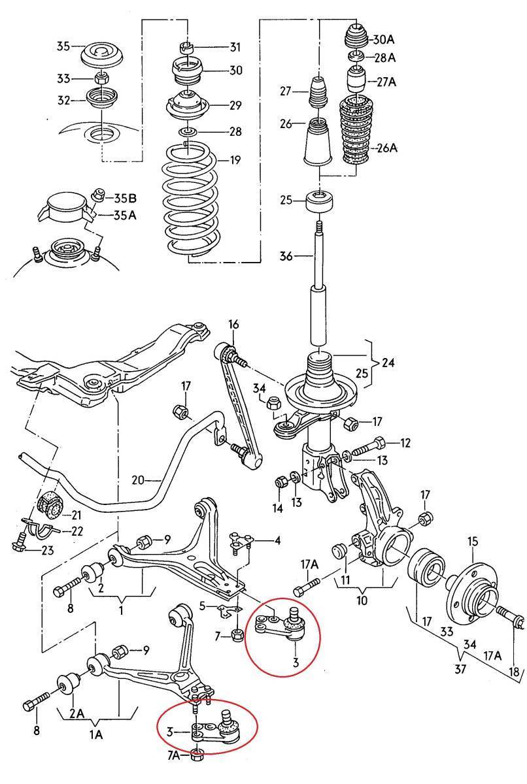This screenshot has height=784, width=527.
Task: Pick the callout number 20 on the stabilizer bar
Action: coord(137,480)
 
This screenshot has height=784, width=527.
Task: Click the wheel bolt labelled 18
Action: coord(509,618)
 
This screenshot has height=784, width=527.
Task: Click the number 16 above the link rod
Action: coord(233,325)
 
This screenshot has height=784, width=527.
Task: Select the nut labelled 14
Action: coord(279,482)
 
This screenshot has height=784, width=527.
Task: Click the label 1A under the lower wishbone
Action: coord(96,734)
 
